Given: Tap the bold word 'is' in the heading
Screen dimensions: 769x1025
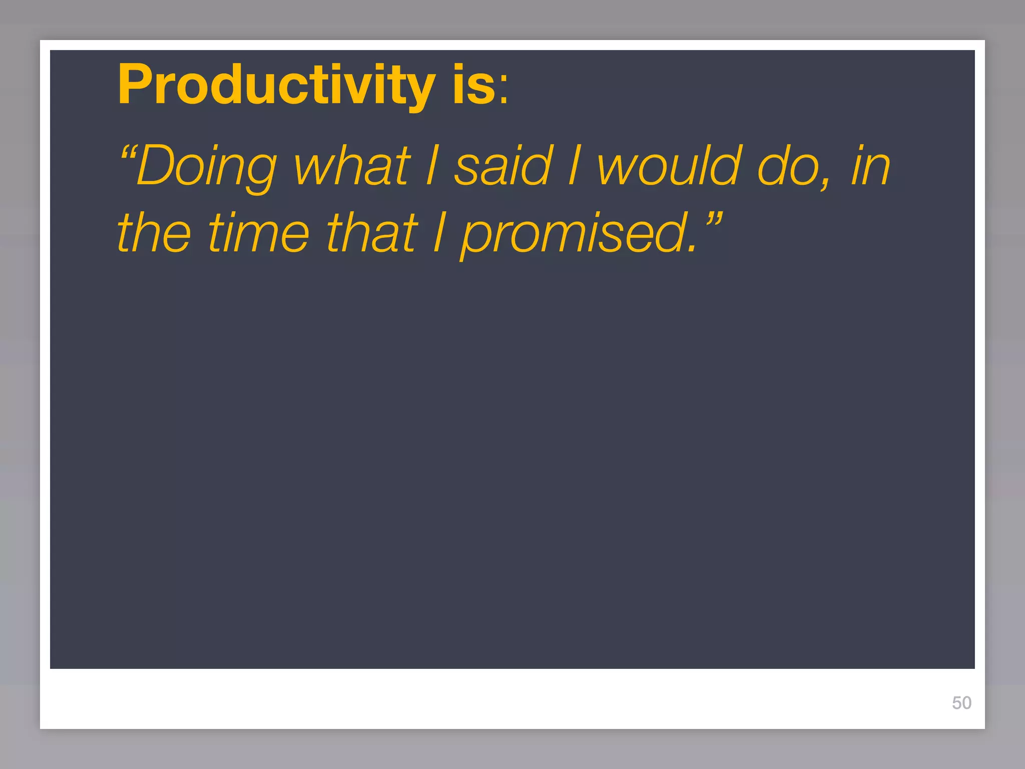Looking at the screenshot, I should (473, 85).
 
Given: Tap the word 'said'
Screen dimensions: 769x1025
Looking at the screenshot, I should (503, 165).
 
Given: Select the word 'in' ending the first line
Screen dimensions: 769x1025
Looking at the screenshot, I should (871, 165).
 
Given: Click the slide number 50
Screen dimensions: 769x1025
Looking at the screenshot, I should (961, 703).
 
